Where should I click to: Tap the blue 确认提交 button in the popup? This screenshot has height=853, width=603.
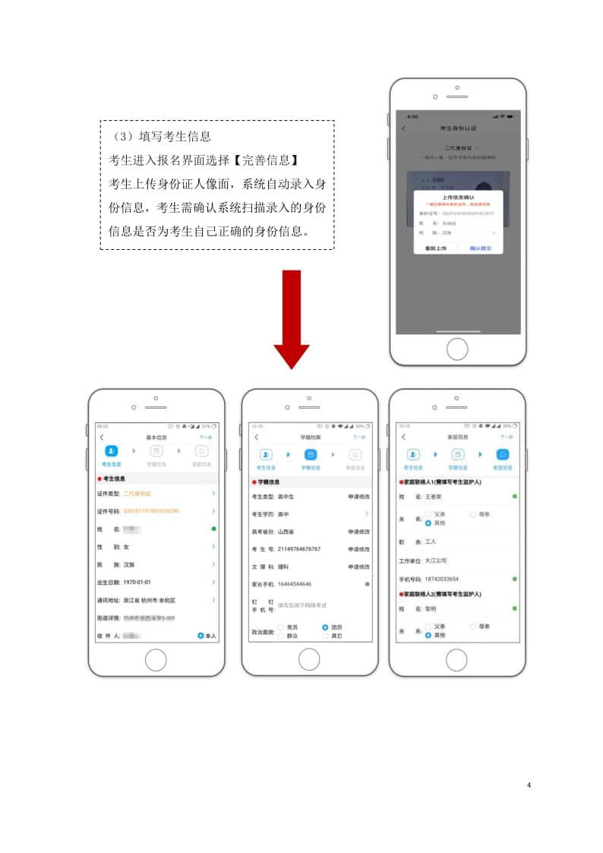480,248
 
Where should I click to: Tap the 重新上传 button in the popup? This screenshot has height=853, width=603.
434,248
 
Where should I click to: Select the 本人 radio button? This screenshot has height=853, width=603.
201,635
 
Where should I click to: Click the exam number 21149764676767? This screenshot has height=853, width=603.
299,548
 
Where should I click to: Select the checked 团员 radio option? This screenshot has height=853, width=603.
326,627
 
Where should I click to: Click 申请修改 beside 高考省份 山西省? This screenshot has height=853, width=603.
358,531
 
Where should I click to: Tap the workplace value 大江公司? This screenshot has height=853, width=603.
437,561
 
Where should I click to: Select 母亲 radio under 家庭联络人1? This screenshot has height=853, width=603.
473,514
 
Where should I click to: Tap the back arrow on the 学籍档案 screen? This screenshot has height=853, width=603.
257,438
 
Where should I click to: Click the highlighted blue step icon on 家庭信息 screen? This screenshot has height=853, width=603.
502,454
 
